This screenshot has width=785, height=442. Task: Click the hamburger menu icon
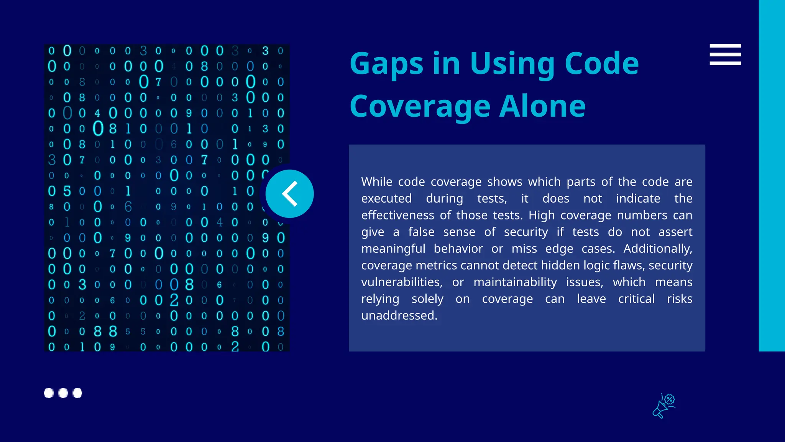pyautogui.click(x=725, y=54)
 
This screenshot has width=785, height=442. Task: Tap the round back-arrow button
pyautogui.click(x=289, y=194)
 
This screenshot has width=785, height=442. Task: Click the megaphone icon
pyautogui.click(x=663, y=406)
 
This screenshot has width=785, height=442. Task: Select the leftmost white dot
pyautogui.click(x=49, y=393)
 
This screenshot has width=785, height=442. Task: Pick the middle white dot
pyautogui.click(x=63, y=393)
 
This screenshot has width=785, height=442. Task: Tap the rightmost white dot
pyautogui.click(x=77, y=393)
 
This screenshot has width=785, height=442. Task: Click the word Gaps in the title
pyautogui.click(x=386, y=64)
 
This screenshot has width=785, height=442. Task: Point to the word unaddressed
pyautogui.click(x=399, y=315)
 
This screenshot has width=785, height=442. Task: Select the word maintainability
pyautogui.click(x=515, y=282)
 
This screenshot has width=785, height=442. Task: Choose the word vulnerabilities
pyautogui.click(x=402, y=282)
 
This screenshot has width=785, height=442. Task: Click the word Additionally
pyautogui.click(x=657, y=249)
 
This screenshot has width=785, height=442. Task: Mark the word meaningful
pyautogui.click(x=393, y=249)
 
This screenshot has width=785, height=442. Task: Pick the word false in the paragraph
pyautogui.click(x=421, y=232)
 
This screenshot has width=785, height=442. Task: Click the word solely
pyautogui.click(x=427, y=299)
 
